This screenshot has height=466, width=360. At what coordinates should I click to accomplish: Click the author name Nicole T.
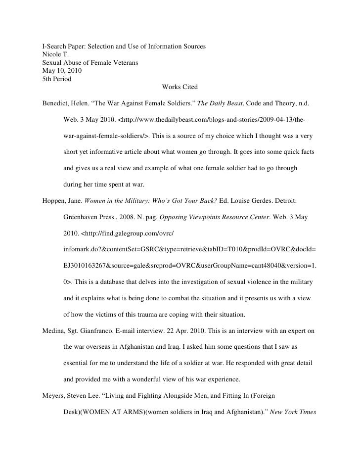(54, 55)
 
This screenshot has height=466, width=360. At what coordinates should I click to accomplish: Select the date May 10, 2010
(62, 71)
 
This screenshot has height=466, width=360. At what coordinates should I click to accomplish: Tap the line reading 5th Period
(56, 79)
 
